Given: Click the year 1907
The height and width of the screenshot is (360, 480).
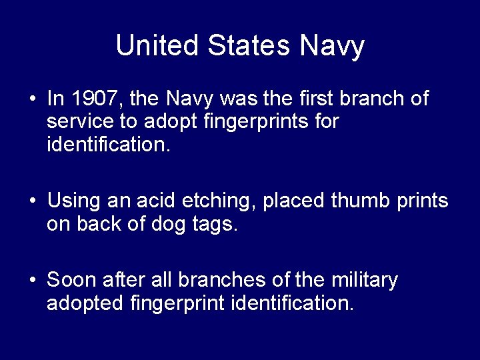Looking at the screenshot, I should tap(93, 100).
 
